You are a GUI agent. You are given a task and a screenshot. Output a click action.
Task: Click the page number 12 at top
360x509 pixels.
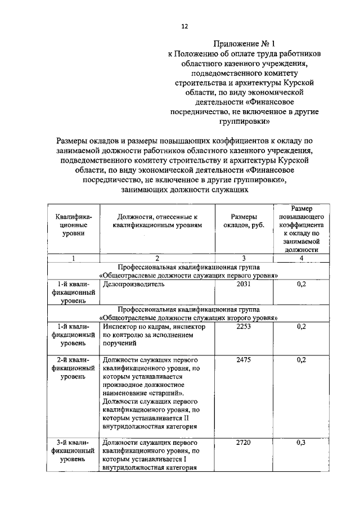(x=184, y=26)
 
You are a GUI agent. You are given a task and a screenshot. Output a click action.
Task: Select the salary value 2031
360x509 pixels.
(x=243, y=285)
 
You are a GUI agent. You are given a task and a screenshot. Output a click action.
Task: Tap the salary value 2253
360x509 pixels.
(x=243, y=326)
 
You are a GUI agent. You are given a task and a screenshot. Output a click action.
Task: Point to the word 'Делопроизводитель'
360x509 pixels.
(x=134, y=285)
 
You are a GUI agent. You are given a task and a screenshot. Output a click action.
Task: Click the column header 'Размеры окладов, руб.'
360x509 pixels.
(x=244, y=221)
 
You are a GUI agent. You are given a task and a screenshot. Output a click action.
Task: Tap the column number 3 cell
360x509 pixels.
(x=244, y=258)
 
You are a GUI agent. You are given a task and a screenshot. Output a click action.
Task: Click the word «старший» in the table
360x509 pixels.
(x=167, y=393)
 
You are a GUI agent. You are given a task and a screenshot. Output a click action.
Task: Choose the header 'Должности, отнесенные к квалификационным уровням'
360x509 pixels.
(x=157, y=221)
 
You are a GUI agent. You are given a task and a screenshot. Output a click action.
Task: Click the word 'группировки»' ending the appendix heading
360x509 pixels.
(x=245, y=121)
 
